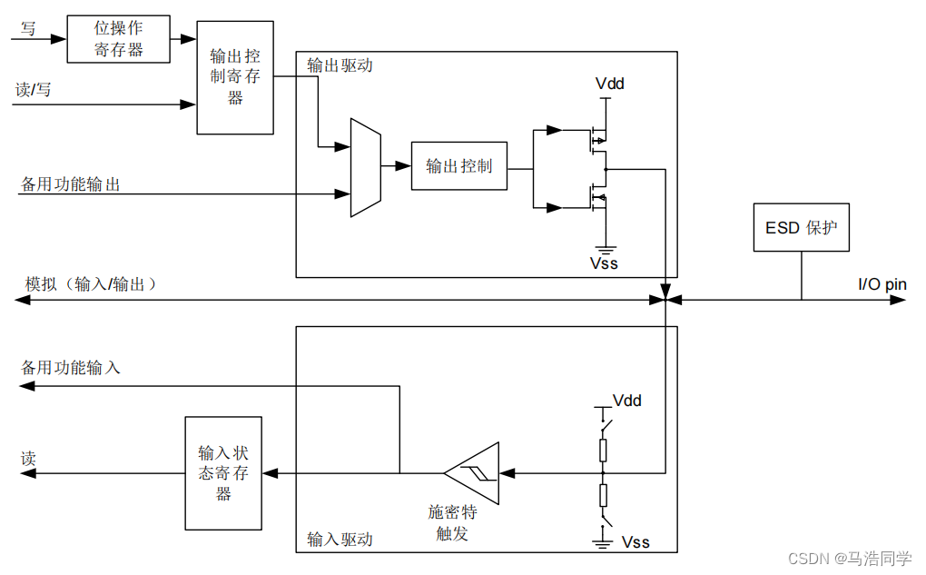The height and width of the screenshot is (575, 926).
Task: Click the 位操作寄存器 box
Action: [x=119, y=39]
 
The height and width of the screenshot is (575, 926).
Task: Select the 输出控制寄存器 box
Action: [x=235, y=77]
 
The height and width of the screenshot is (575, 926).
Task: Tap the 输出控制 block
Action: [x=458, y=166]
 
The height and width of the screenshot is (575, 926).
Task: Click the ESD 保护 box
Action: [x=801, y=227]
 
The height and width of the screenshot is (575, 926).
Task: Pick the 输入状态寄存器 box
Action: [x=223, y=473]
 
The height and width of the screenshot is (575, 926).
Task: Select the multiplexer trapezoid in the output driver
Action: [x=365, y=167]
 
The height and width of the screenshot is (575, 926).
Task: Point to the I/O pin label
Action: [x=882, y=284]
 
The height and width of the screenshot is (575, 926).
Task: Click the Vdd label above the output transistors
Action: [x=609, y=84]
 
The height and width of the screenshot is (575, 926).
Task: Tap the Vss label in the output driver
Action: [x=604, y=263]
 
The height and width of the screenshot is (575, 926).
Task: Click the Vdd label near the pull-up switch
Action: [x=627, y=401]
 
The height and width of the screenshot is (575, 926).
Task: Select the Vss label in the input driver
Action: [x=635, y=541]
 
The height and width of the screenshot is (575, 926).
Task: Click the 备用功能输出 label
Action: [x=71, y=184]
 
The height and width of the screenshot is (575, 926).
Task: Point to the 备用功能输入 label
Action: [x=71, y=368]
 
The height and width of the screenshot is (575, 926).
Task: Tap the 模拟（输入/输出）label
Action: [x=92, y=284]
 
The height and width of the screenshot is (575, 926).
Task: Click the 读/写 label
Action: [x=34, y=91]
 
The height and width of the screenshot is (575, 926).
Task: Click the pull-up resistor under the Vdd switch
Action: [x=602, y=451]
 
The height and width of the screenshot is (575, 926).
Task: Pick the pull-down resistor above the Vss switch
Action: [x=602, y=495]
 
